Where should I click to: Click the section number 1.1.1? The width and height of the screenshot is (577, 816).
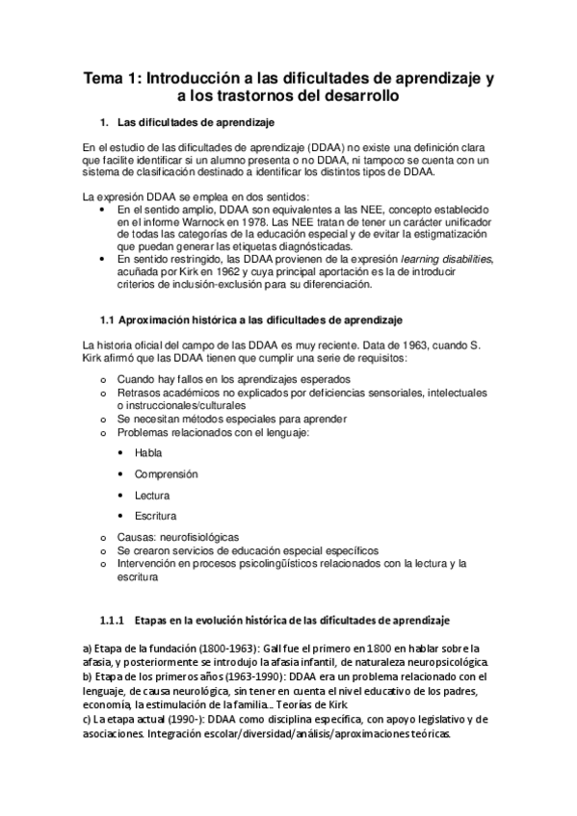click(x=114, y=620)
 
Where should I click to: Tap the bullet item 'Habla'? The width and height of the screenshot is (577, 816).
click(x=148, y=452)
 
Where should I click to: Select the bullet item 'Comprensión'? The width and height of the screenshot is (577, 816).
click(x=166, y=473)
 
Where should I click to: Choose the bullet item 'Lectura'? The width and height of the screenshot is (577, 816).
click(x=152, y=495)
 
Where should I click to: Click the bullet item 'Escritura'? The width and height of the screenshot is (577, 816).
click(x=155, y=516)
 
